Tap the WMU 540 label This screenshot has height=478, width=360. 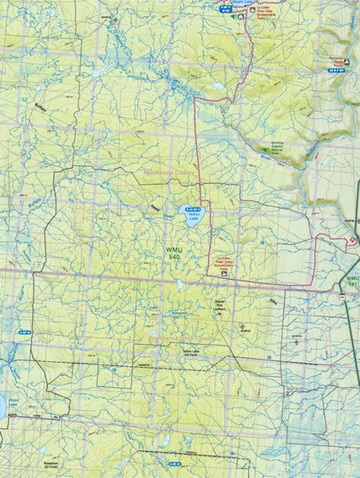coord(174,253)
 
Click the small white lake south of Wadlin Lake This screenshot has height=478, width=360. coord(217,86)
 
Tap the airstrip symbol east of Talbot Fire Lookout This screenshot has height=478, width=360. coord(242,327)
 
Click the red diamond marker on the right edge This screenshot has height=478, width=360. coord(352,240)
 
